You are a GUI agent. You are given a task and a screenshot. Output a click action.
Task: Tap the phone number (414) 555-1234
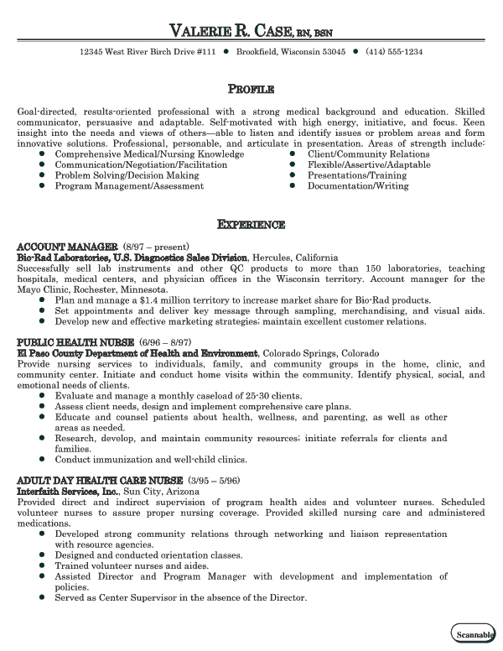[394, 52]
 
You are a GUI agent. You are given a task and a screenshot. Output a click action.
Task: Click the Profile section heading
[251, 89]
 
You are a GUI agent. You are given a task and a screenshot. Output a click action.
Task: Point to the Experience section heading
[251, 225]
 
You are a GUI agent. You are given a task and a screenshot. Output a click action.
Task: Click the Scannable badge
[474, 634]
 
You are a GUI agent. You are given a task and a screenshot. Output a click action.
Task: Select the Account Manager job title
[67, 247]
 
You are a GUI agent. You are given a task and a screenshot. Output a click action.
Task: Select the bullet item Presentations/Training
[356, 175]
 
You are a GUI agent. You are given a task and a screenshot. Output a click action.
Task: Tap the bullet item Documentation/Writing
[358, 186]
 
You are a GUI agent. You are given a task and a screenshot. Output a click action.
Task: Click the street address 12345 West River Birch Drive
[148, 52]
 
